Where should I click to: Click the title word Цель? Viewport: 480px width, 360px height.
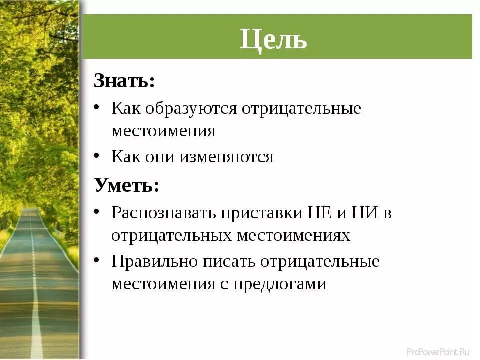pos(273,38)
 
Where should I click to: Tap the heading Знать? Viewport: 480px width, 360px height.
pos(124,81)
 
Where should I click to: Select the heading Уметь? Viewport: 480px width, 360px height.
pos(127,186)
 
